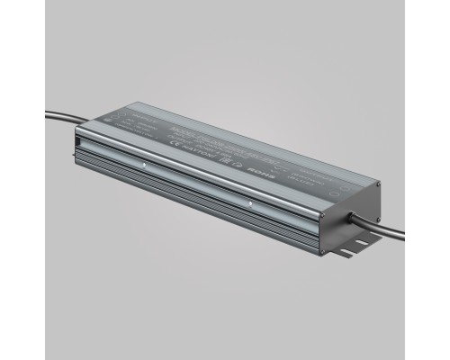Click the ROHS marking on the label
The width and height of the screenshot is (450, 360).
coord(278,166)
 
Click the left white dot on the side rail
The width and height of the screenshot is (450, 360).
coord(145,166)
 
